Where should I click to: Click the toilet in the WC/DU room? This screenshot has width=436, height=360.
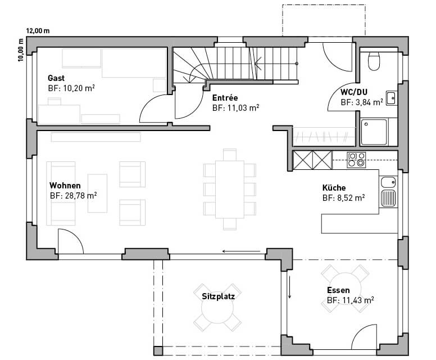point(374,61)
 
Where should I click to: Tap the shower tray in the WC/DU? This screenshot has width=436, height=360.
point(374,132)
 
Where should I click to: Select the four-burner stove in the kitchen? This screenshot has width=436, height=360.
point(356,160)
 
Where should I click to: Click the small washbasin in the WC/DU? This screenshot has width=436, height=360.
point(391,98)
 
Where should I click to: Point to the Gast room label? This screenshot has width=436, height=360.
point(56,78)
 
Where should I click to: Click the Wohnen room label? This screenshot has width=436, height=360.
point(65,186)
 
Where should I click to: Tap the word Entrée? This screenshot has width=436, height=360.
point(225,98)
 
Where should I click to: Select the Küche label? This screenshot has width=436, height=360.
point(334,188)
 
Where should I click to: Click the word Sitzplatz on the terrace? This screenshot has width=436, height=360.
point(218,296)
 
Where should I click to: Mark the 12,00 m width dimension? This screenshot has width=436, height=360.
point(38,30)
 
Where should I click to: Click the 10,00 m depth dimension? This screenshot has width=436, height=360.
point(21,50)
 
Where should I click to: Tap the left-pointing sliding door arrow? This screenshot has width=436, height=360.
point(242,251)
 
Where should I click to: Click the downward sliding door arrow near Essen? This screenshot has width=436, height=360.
point(289,287)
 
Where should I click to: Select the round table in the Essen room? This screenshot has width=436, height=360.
point(345,289)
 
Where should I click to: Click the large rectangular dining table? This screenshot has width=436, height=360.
point(230,190)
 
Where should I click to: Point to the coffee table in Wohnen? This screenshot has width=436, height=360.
point(97,193)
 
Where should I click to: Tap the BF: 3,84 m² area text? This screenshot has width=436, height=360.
point(362,102)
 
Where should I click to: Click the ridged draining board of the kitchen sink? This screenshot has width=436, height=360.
point(388,198)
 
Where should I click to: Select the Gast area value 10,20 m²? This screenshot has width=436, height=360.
point(71,88)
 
